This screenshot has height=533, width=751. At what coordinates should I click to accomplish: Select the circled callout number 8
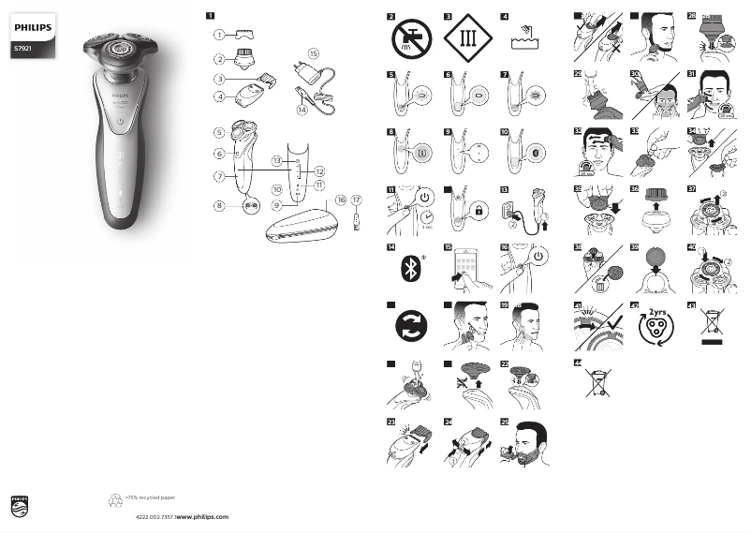(x=218, y=205)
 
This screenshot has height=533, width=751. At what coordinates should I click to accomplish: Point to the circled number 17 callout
(x=357, y=200)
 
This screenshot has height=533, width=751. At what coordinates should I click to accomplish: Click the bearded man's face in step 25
(x=529, y=441)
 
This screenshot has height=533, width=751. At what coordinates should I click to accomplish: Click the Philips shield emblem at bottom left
(x=21, y=508)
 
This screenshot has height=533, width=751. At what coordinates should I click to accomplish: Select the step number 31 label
(x=690, y=72)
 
